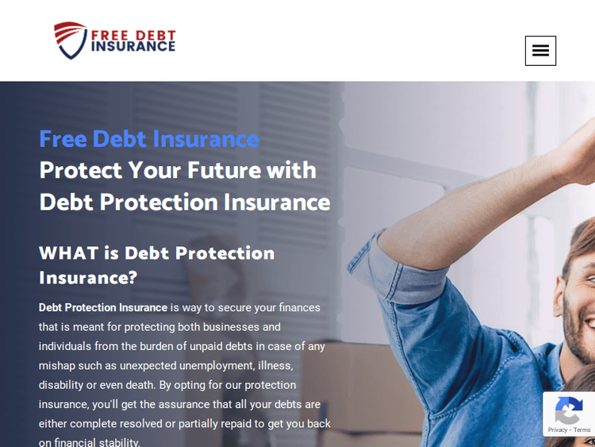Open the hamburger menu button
tap(540, 51)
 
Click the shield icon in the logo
tap(69, 40)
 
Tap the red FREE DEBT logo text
tap(133, 34)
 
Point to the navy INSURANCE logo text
tap(133, 47)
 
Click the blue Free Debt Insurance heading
tap(149, 139)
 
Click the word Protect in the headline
tap(80, 170)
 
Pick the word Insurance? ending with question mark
tap(88, 278)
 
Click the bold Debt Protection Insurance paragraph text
tap(103, 307)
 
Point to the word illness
tap(275, 365)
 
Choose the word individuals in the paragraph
tap(65, 346)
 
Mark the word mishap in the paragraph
tap(56, 365)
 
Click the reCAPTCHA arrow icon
tap(568, 410)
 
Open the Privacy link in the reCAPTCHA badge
tap(558, 430)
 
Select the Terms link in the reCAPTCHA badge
tap(582, 430)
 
